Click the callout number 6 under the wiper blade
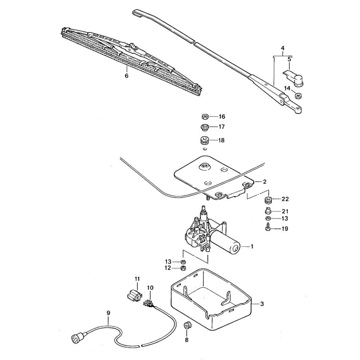point(126,76)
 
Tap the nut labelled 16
point(204,117)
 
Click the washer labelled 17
point(204,127)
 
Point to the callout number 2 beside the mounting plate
point(264,182)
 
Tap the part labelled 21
point(267,211)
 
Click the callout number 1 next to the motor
point(252,247)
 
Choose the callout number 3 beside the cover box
point(262,304)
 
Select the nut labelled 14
point(298,96)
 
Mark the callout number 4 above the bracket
point(283,48)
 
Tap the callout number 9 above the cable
point(108,313)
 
